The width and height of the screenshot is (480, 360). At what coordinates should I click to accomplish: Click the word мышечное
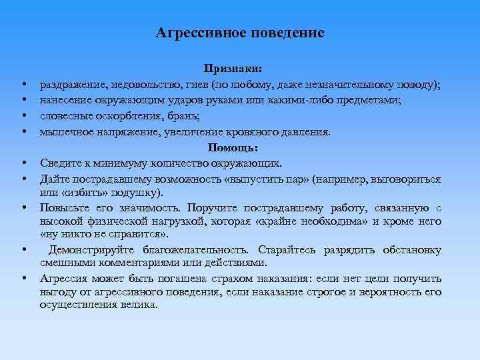click(65, 131)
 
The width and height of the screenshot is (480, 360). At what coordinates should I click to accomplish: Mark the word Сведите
click(60, 163)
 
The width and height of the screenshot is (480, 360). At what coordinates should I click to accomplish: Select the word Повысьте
click(65, 208)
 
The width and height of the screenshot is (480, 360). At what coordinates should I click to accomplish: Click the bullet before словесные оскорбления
click(23, 117)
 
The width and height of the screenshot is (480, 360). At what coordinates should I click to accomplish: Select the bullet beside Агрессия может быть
click(23, 279)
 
